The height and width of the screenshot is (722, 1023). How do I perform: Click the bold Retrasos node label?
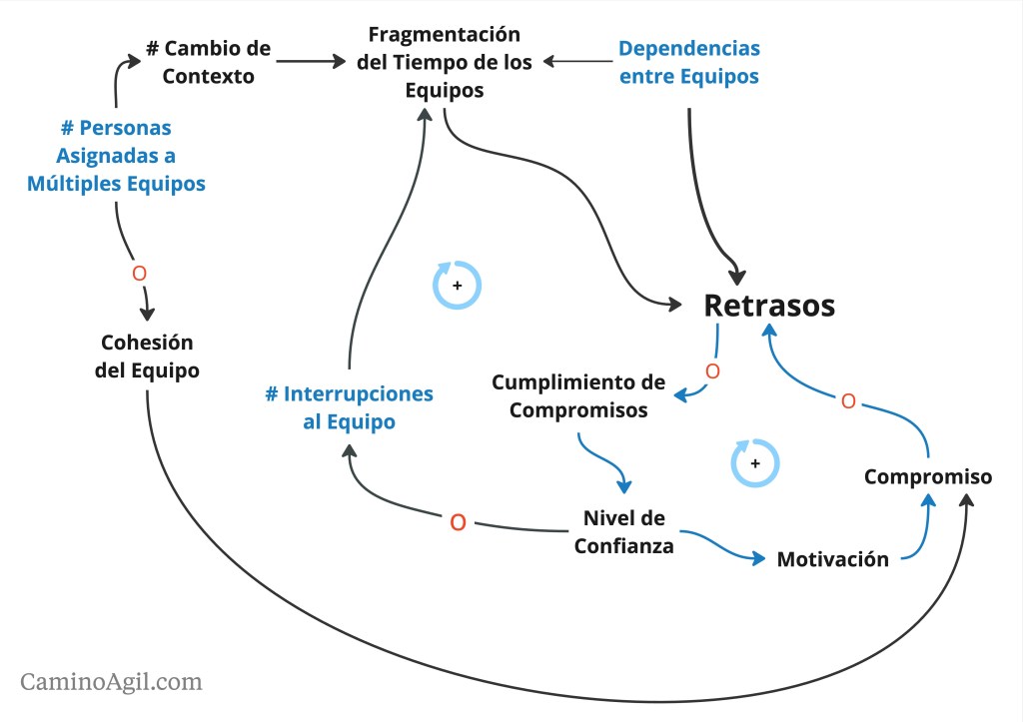pos(769,306)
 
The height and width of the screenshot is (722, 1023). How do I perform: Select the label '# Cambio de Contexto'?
pos(208,62)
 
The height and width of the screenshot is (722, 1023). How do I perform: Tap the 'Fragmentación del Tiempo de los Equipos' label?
pos(445,62)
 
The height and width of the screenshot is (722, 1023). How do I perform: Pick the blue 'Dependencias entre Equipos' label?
pos(689,62)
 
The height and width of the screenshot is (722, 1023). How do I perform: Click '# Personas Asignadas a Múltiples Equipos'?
pos(117,156)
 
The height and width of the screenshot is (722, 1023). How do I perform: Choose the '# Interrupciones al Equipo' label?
pos(349,407)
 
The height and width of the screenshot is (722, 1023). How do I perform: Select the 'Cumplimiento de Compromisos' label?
pos(578,395)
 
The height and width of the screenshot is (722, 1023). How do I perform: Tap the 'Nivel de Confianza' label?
pos(623,531)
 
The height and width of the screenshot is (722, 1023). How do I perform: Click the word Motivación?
pos(832,559)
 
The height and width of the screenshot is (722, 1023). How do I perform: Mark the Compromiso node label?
pos(928,476)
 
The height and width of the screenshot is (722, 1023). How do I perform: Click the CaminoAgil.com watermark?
pos(111,682)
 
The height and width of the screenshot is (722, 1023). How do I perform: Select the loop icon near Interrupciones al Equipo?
pos(457,285)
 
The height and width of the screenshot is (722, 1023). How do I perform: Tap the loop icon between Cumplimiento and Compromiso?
pos(754,463)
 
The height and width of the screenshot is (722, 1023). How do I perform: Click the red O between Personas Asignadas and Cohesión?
pos(139,273)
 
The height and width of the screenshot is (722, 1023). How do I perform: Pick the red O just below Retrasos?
pos(712,370)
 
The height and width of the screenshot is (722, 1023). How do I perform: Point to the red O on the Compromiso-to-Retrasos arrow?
pos(848,401)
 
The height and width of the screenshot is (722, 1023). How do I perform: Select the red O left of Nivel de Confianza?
pos(458,521)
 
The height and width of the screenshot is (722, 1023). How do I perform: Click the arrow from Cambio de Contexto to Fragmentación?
pos(310,62)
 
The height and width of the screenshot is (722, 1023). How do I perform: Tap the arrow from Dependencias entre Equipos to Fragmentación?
pos(577,62)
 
